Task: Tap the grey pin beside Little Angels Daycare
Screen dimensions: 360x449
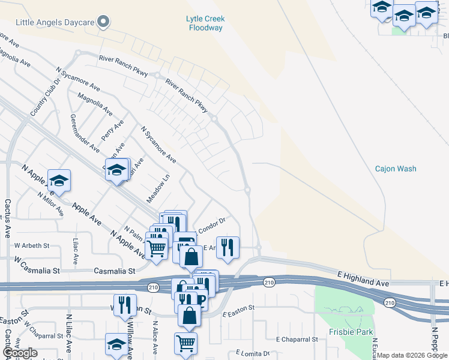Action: pyautogui.click(x=103, y=22)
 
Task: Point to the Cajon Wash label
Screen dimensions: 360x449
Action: pyautogui.click(x=396, y=169)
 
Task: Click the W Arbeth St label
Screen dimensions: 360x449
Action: pyautogui.click(x=32, y=245)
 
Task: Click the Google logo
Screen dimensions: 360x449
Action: pyautogui.click(x=20, y=353)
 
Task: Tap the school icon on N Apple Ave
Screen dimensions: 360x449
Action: pyautogui.click(x=59, y=180)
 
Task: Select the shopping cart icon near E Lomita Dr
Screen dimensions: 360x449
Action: pyautogui.click(x=185, y=344)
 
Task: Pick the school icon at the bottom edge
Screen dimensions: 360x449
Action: pyautogui.click(x=116, y=345)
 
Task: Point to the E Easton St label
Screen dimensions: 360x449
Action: pyautogui.click(x=238, y=311)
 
